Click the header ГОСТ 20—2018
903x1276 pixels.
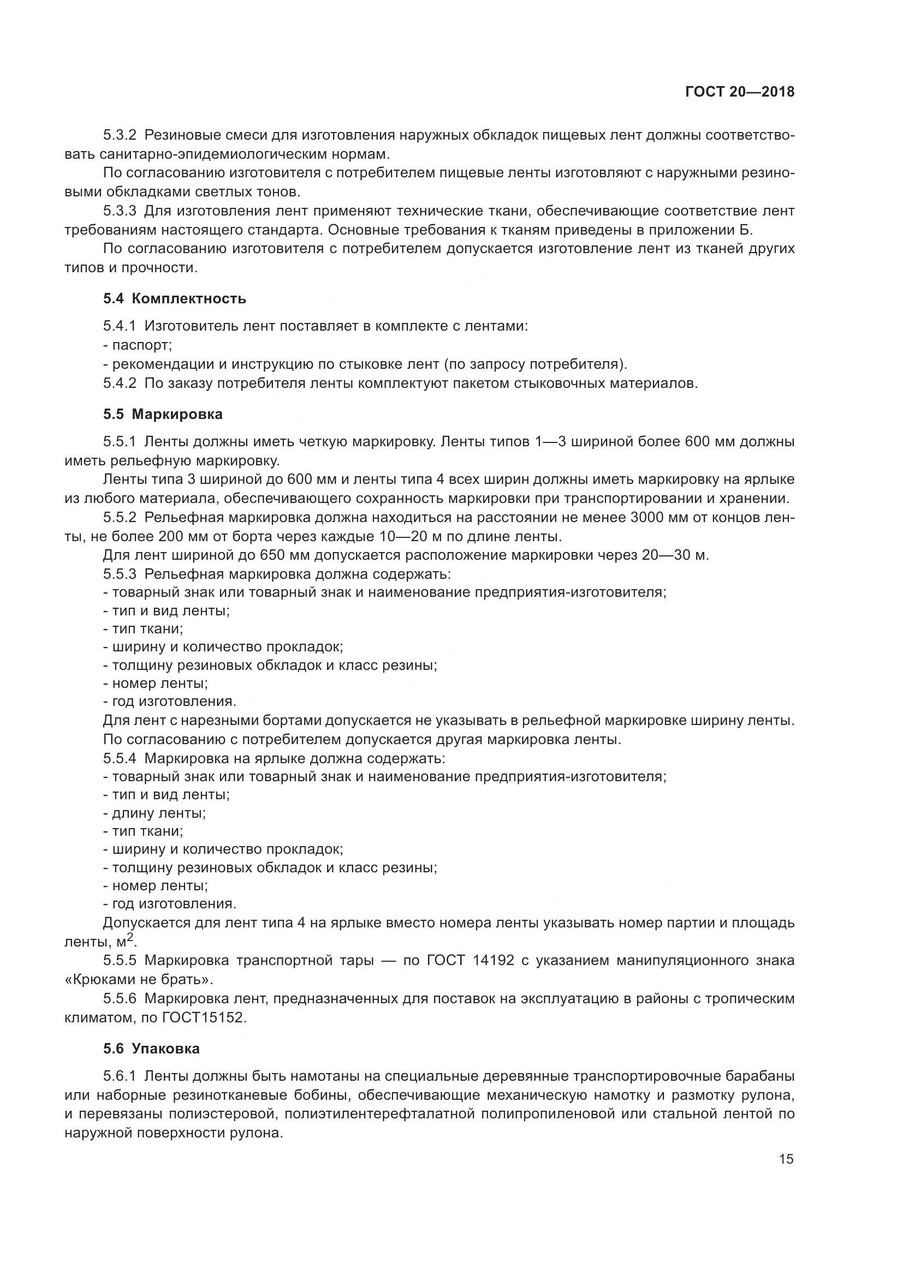(740, 92)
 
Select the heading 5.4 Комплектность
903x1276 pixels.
(175, 299)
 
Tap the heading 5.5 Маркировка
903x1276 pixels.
(163, 415)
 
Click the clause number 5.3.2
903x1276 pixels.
(120, 136)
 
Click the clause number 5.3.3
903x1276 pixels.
(120, 211)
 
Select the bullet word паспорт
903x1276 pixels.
(142, 346)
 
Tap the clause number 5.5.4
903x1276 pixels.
(120, 759)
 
